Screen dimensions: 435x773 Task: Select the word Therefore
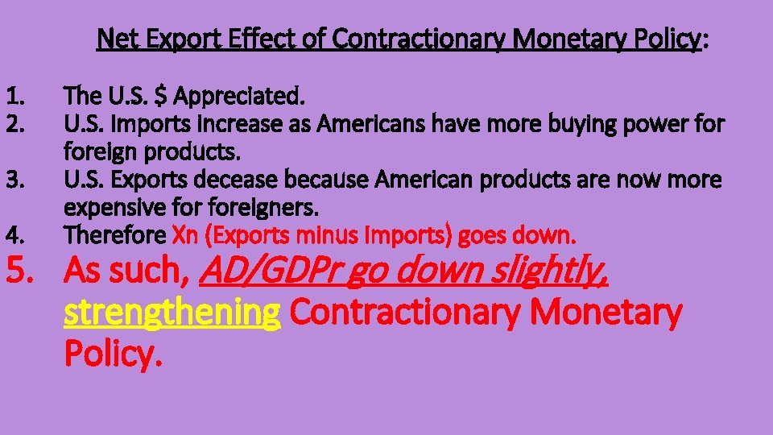[115, 235]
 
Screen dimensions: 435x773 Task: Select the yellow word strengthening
[172, 313]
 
